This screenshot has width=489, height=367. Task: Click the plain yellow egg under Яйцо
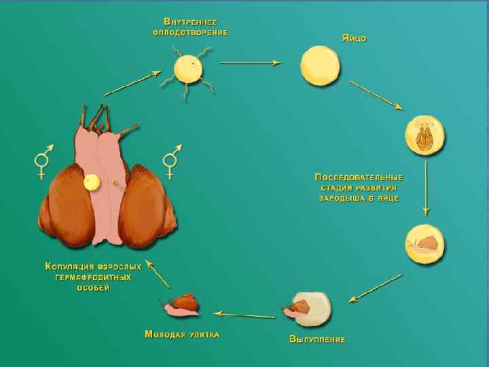pos(320,66)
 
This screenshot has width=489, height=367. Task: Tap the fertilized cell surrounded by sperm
pos(187,69)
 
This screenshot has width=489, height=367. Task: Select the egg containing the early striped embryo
pos(425,135)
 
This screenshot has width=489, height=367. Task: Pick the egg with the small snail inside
pos(424,242)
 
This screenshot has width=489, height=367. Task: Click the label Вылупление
pos(317,338)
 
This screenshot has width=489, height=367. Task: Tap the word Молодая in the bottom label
pos(166,334)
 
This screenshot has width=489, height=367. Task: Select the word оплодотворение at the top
pos(189,32)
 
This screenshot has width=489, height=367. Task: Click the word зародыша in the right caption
pos(336,198)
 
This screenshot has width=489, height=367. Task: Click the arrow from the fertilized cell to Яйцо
pos(250,63)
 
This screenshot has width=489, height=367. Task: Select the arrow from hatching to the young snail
pos(244,314)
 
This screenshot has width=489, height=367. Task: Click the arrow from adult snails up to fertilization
pos(128,84)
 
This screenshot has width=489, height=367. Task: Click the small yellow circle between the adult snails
pos(91,181)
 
